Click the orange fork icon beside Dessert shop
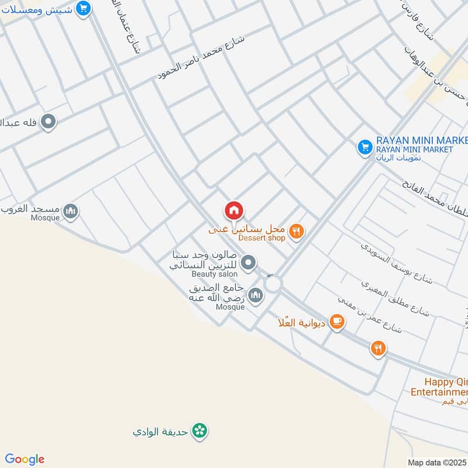click(297, 232)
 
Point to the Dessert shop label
click(261, 238)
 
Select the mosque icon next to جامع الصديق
click(255, 295)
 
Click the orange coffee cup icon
click(336, 321)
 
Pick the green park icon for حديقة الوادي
click(201, 431)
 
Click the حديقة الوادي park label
click(161, 432)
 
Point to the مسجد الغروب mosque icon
click(71, 211)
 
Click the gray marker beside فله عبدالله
click(49, 122)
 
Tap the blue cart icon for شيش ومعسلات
click(84, 8)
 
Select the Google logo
click(25, 459)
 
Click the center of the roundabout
click(273, 284)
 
